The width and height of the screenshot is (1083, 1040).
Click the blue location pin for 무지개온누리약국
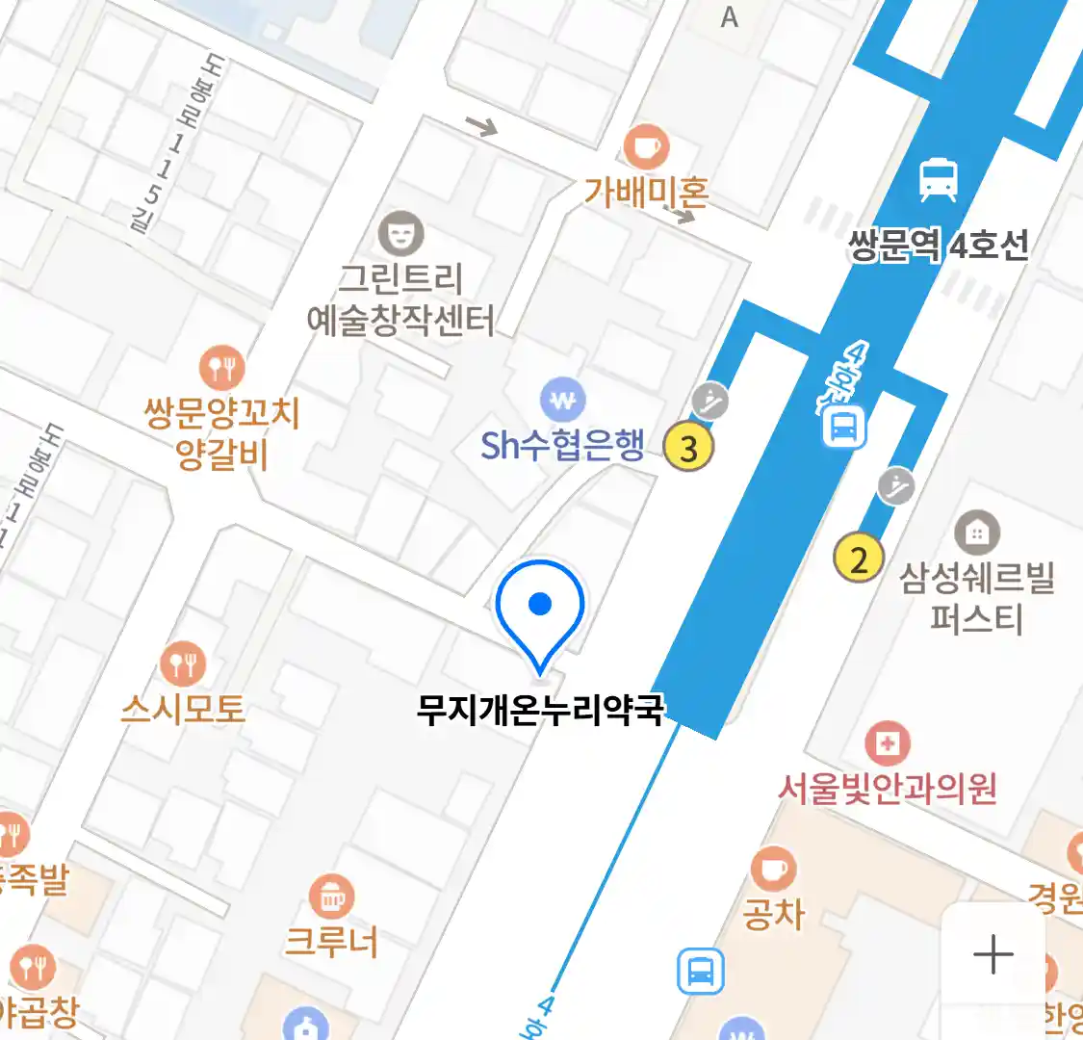pos(540,609)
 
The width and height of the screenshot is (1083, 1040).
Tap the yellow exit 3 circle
pos(688,447)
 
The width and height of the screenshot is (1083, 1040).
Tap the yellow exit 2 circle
pos(858,559)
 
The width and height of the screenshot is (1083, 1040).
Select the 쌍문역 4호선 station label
pos(938,246)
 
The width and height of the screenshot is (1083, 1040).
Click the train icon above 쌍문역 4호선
pos(938,179)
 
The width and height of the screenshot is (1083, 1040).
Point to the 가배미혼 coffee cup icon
pos(646,146)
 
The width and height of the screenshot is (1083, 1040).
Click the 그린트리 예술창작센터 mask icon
pos(400,233)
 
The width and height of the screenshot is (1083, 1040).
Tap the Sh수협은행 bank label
pos(562,445)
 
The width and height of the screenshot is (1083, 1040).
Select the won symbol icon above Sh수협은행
pos(562,399)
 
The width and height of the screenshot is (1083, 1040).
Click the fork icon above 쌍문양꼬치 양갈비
pos(221,368)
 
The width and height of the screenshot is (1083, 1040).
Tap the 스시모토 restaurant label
pos(183,710)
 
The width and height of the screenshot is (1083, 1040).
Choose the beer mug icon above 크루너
pos(331,897)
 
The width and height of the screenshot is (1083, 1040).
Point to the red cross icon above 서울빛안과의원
pos(887,742)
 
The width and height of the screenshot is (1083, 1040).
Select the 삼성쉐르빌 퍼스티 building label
pos(976,597)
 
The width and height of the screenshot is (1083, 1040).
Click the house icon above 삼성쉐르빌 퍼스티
pos(977,532)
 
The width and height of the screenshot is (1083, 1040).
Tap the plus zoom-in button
pos(993,954)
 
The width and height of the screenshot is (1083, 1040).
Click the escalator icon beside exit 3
pos(710,401)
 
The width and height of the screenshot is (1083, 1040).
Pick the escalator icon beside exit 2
pos(896,486)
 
